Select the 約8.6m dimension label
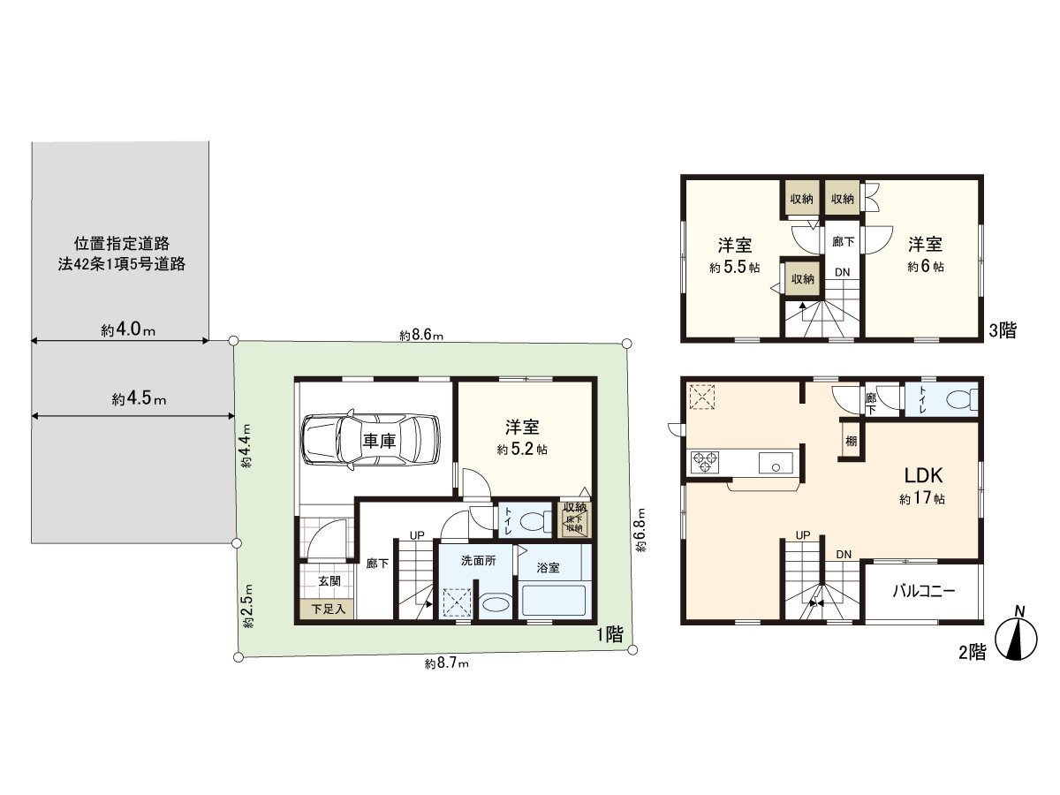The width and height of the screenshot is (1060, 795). click(x=420, y=336)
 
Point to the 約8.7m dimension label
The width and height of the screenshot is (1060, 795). click(x=446, y=663)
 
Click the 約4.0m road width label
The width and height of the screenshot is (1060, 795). click(x=128, y=331)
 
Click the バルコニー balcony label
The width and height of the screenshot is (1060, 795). click(x=923, y=592)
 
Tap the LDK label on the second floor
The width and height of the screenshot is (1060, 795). click(x=922, y=474)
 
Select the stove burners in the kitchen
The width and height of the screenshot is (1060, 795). click(x=705, y=461)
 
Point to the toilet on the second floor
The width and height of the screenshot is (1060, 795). click(x=958, y=400)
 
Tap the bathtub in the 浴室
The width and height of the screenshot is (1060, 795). click(x=554, y=601)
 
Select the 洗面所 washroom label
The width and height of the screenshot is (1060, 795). click(x=478, y=561)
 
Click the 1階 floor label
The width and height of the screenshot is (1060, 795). click(x=609, y=633)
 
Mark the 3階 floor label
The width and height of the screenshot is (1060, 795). click(x=1003, y=331)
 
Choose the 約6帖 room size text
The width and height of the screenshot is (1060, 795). click(x=925, y=266)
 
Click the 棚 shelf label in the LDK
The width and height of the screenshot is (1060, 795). click(x=850, y=441)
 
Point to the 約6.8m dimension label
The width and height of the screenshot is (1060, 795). click(x=640, y=530)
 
